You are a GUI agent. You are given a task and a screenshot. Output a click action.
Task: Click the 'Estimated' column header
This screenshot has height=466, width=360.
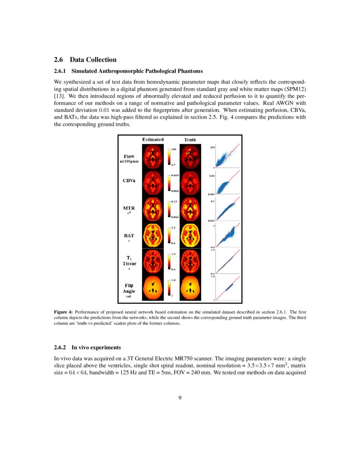click(x=152, y=139)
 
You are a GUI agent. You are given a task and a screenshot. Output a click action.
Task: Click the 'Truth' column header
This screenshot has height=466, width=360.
click(x=190, y=139)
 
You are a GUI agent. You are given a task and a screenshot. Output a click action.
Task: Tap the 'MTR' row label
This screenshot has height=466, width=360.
click(x=129, y=208)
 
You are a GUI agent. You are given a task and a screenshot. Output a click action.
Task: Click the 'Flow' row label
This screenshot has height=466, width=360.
click(x=129, y=156)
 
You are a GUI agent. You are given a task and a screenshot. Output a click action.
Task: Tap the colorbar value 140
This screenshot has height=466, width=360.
click(x=174, y=150)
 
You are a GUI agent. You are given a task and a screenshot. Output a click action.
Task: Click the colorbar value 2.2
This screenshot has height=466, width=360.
click(x=174, y=228)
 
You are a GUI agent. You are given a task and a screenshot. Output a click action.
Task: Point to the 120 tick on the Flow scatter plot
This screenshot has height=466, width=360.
click(x=213, y=147)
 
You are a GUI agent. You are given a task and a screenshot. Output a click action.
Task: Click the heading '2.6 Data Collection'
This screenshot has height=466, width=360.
click(x=85, y=60)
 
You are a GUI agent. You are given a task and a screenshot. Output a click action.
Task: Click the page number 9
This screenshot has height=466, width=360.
click(x=180, y=397)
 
